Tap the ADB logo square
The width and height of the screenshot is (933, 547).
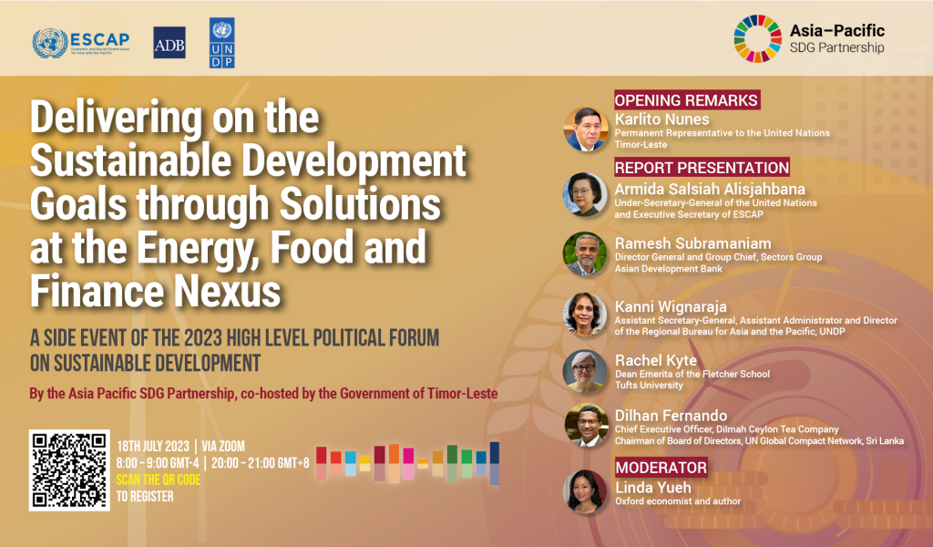tap(169, 43)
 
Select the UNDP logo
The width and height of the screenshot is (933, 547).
tap(221, 43)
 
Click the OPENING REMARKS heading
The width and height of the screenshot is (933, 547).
tap(686, 100)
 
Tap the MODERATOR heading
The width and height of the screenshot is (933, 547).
tap(661, 468)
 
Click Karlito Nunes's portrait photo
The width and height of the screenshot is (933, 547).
tap(586, 129)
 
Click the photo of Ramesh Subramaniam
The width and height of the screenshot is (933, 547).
tap(586, 254)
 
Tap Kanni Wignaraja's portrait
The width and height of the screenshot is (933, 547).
tap(586, 315)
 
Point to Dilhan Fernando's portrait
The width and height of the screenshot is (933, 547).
tap(586, 425)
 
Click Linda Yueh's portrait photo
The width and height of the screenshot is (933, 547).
tap(586, 491)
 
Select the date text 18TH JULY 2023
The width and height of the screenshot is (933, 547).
tap(152, 446)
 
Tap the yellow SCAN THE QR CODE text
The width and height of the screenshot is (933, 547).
tap(158, 480)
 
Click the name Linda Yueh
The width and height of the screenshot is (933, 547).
tap(652, 486)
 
